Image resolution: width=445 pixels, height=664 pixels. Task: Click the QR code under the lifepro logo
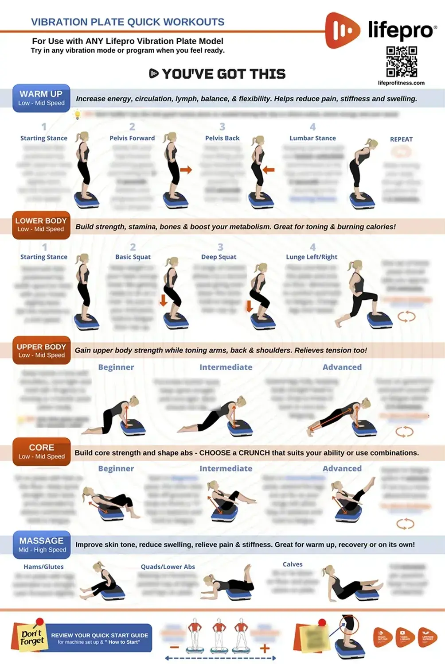point(402,62)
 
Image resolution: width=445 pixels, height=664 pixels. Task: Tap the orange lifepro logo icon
point(342,30)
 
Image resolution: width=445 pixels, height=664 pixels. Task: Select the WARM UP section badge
point(41,98)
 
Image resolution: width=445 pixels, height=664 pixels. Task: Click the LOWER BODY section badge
point(41,224)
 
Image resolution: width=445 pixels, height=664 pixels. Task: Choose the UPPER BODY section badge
point(41,351)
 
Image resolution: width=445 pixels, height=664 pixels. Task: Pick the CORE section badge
point(42,452)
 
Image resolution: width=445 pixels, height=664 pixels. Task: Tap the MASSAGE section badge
point(42,544)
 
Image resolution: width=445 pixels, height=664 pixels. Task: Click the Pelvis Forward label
point(132,138)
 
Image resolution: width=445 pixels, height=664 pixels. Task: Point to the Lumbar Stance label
point(312,138)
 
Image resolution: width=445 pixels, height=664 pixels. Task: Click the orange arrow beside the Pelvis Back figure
point(269,170)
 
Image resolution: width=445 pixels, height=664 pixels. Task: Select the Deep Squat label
point(219,257)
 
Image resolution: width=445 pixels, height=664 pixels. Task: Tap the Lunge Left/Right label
point(312,257)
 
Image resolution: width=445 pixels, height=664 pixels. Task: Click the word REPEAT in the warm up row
point(401,139)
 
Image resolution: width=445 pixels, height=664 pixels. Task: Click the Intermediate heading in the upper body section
point(226,367)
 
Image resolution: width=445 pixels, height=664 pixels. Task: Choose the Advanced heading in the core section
point(342,468)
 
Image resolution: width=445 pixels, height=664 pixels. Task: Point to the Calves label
point(293,564)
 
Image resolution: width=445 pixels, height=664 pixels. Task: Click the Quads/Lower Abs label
point(168,567)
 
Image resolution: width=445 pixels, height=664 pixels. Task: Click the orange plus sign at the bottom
point(265,649)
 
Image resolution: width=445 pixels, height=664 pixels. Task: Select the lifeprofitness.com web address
point(401,83)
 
